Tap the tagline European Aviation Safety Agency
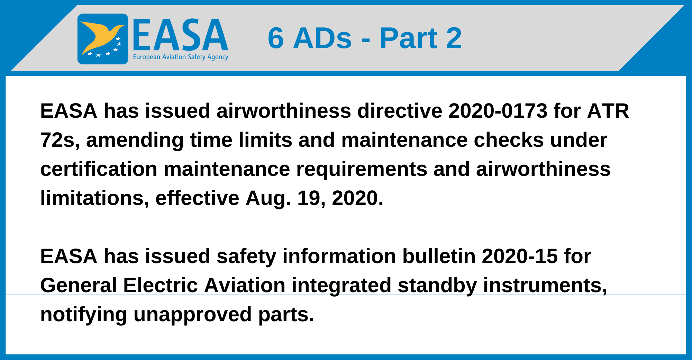click(180, 57)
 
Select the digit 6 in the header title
click(276, 38)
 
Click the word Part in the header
click(408, 38)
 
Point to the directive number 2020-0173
click(498, 111)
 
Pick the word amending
click(135, 140)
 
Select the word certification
click(99, 169)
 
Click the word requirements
click(362, 169)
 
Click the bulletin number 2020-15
click(519, 256)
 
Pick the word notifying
click(83, 315)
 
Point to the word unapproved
click(192, 315)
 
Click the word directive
click(400, 111)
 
